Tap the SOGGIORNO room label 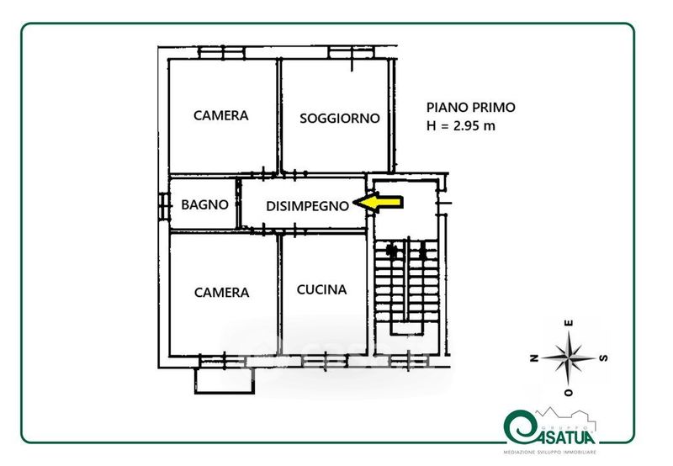coord(340,118)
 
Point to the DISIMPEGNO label coord(307,205)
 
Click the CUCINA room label coord(321,289)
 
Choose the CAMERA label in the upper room coord(221,115)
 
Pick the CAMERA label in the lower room coord(222,293)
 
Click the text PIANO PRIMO coord(470,107)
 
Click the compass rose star coord(570,357)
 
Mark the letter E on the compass coord(570,324)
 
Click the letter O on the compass coord(570,392)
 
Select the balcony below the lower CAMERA coord(224,378)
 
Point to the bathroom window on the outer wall coord(161,204)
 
